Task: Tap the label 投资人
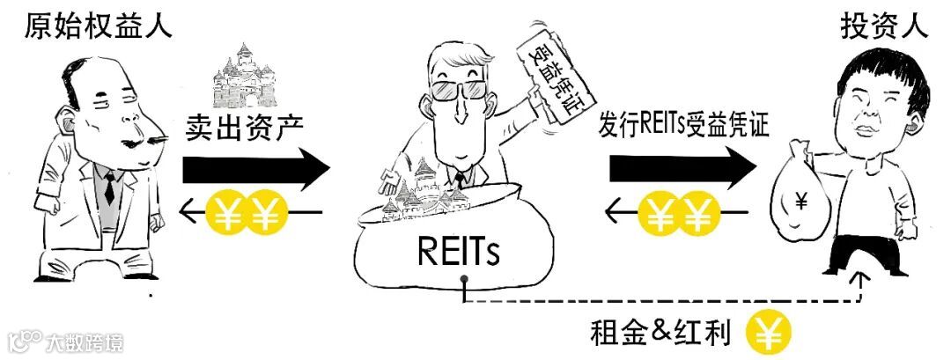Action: [884, 26]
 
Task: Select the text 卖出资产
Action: [245, 127]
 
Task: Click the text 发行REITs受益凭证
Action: [683, 125]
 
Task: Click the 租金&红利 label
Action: [666, 334]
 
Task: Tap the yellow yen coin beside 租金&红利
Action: [768, 334]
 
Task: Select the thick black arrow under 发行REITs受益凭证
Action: [683, 167]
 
